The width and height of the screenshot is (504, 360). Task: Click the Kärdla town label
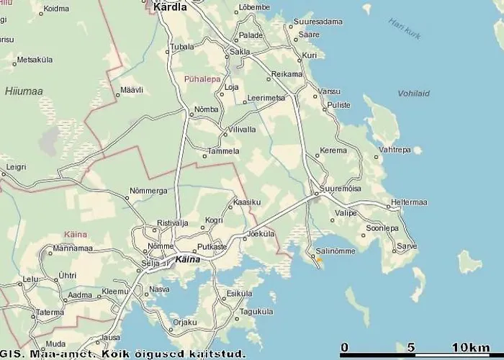tap(170, 7)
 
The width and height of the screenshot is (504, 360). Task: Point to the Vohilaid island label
tap(413, 94)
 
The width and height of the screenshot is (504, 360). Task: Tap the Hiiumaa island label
tap(24, 91)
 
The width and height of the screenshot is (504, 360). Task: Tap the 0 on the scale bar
tap(345, 348)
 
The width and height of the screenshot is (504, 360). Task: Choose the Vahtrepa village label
tap(395, 150)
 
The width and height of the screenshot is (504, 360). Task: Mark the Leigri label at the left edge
tap(15, 167)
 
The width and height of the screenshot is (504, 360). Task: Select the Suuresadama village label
tap(318, 22)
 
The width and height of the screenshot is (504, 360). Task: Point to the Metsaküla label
tap(36, 60)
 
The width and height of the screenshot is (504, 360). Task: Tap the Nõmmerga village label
tap(148, 191)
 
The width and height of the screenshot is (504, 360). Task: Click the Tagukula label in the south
tap(257, 312)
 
